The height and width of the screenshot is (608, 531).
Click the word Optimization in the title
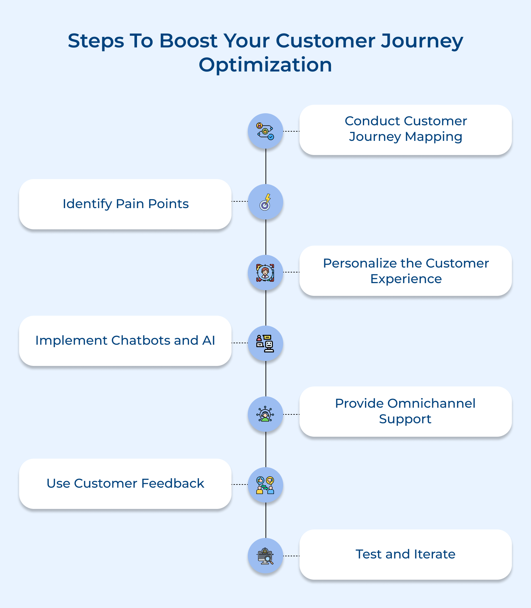pyautogui.click(x=265, y=65)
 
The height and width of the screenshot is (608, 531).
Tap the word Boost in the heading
pyautogui.click(x=188, y=41)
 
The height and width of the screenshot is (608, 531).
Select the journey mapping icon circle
pyautogui.click(x=265, y=131)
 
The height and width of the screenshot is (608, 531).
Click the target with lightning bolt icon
pyautogui.click(x=265, y=202)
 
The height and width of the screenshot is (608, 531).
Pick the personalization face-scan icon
pyautogui.click(x=265, y=273)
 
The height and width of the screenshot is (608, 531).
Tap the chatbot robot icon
pyautogui.click(x=265, y=343)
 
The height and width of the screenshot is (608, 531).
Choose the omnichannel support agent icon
pyautogui.click(x=265, y=414)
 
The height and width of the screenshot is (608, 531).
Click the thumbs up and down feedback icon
pyautogui.click(x=265, y=485)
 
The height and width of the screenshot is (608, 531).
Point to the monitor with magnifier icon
pyautogui.click(x=265, y=556)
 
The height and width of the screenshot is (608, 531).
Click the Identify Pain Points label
pyautogui.click(x=126, y=204)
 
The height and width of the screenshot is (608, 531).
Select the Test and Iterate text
pyautogui.click(x=405, y=554)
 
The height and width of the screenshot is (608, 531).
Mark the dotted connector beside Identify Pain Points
pyautogui.click(x=240, y=201)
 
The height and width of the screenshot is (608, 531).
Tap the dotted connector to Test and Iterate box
pyautogui.click(x=291, y=556)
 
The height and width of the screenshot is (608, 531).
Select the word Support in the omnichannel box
pyautogui.click(x=405, y=419)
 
